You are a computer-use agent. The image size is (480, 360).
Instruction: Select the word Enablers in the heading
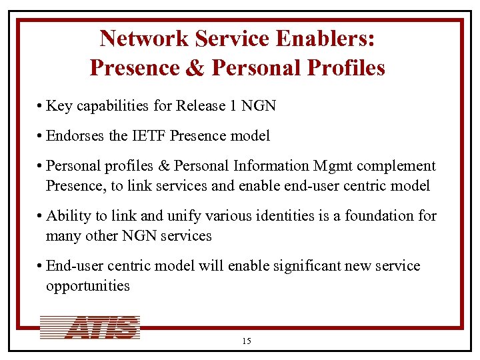coord(325,39)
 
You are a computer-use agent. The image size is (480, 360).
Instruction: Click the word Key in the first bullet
coord(59,106)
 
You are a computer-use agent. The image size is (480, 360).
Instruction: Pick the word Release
coord(197,106)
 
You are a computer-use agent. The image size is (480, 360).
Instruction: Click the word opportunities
coord(87,286)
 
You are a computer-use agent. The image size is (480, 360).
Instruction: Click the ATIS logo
coord(90,327)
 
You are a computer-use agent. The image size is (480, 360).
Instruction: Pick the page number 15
coord(247,341)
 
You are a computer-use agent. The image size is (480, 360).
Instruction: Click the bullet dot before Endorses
coord(41,137)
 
